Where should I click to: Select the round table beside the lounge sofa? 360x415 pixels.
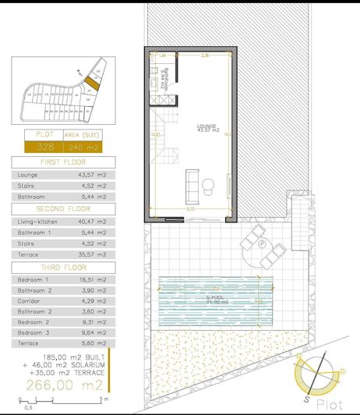coord(209,183)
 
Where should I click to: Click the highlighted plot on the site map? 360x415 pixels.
coord(91,80)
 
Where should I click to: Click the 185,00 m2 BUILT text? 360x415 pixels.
coord(68,356)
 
